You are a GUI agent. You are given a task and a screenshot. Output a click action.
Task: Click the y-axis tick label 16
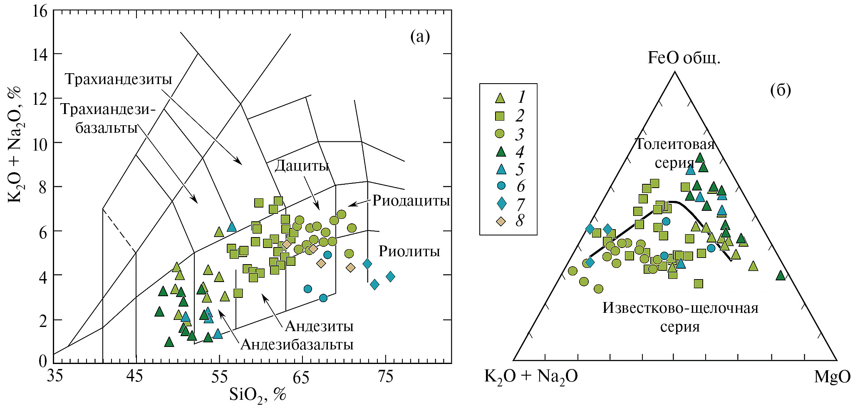40,11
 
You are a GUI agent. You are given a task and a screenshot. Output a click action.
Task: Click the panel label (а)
420,37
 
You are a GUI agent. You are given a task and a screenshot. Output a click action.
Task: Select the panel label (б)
780,90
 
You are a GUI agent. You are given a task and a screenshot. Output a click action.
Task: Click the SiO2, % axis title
258,394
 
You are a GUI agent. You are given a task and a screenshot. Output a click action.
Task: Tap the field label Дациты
302,166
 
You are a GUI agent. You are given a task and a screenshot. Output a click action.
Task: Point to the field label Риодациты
411,201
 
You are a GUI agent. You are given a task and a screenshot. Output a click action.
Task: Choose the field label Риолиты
409,251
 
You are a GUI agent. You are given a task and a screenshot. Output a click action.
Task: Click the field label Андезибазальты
297,344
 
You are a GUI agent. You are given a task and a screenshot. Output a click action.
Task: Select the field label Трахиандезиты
119,79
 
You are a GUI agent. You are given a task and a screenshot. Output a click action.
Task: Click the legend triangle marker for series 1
500,98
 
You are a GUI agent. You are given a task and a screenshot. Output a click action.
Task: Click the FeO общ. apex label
684,58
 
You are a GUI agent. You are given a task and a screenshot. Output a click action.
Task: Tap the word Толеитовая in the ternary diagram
674,144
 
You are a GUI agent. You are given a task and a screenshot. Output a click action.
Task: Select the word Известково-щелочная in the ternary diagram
680,308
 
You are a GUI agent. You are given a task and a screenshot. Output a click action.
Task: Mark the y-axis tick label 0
43,361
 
